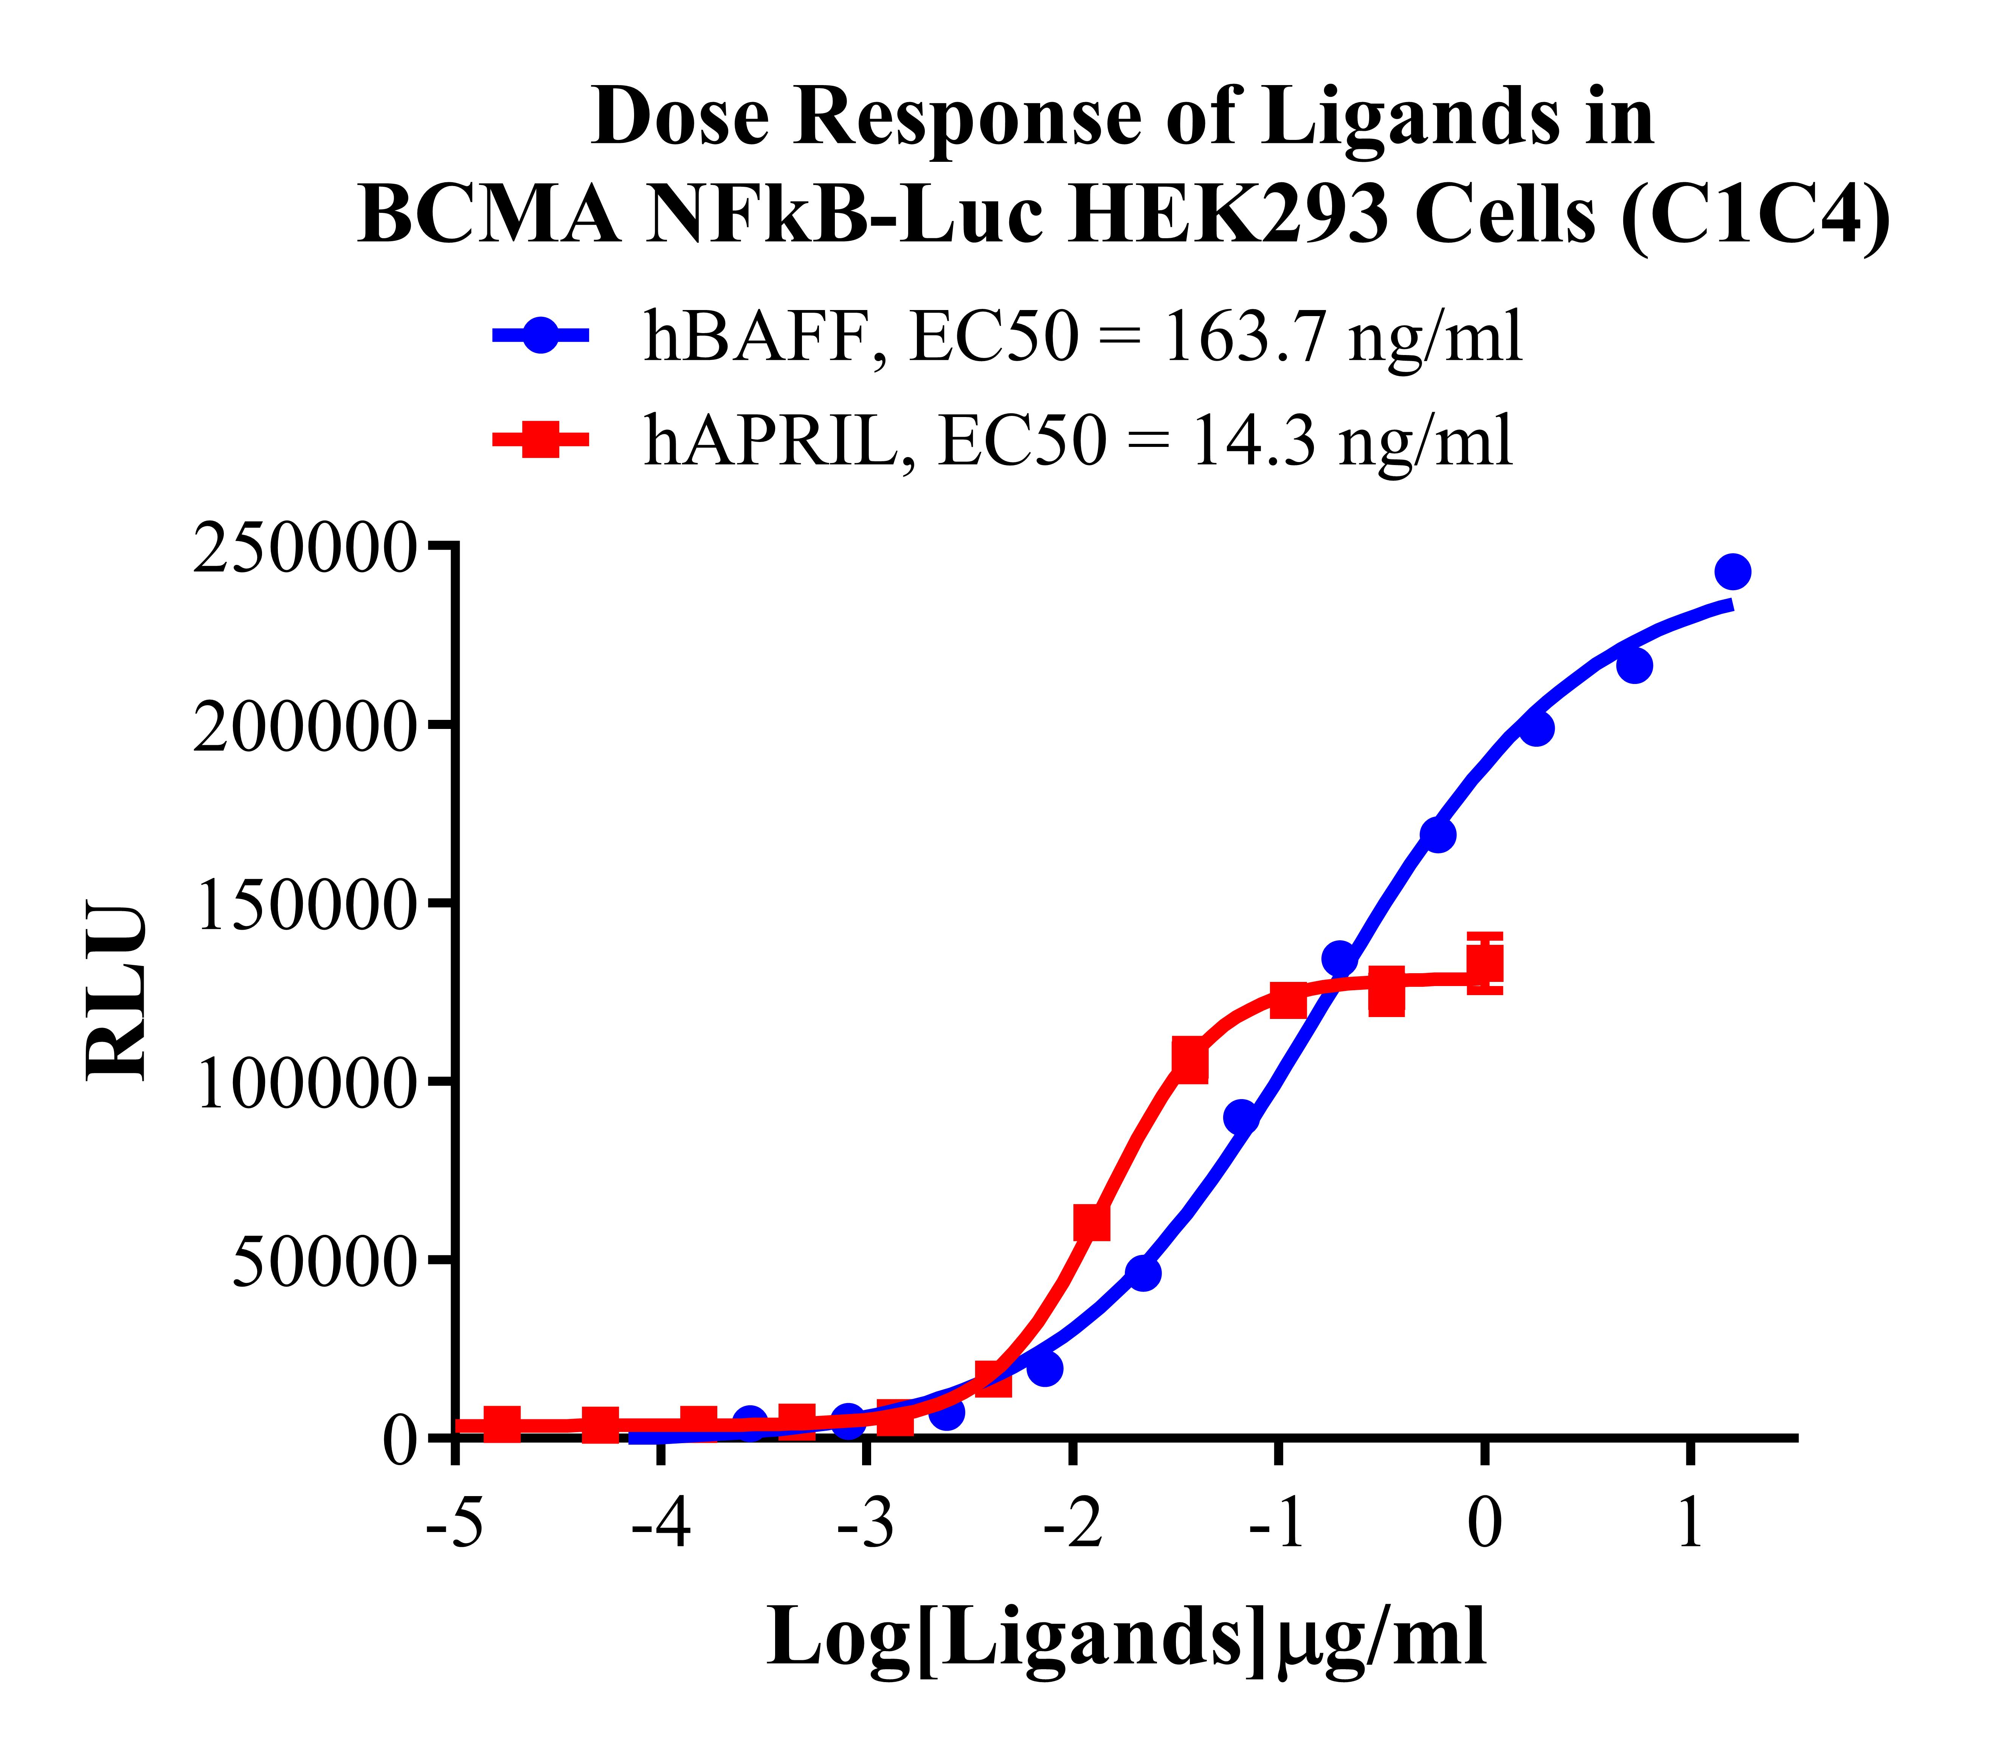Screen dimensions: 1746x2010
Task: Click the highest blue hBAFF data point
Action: [x=1732, y=572]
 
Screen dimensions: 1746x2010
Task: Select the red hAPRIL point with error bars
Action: [x=1484, y=964]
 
